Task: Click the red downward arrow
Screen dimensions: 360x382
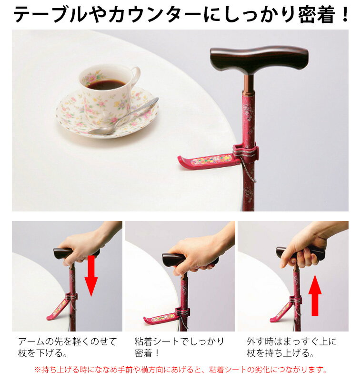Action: (91, 276)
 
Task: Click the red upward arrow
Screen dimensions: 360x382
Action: (315, 295)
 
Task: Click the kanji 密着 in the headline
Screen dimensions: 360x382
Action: (316, 14)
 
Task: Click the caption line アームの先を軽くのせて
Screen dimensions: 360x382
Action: (68, 342)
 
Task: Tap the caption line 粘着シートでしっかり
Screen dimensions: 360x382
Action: (179, 342)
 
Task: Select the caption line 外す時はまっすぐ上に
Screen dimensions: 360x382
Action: (291, 342)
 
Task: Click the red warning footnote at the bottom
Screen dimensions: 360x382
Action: (180, 370)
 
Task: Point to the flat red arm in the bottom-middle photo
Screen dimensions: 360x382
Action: (162, 319)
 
